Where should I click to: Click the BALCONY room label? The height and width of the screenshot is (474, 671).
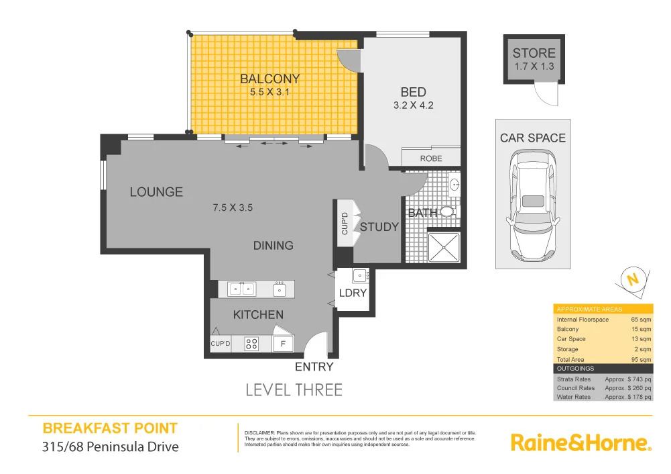[x=269, y=79]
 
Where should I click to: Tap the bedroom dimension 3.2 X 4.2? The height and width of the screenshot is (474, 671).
[x=414, y=105]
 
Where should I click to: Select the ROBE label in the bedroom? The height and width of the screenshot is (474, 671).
[x=431, y=158]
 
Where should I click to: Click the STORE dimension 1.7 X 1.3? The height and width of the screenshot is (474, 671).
[x=534, y=66]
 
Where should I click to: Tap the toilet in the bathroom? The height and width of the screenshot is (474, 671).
[x=446, y=211]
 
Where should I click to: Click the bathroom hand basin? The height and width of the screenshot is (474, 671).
[x=454, y=183]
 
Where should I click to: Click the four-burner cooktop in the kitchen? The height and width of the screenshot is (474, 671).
[x=252, y=344]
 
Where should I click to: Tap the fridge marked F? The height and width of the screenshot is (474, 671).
[x=283, y=344]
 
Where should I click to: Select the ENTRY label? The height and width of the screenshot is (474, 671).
[x=314, y=367]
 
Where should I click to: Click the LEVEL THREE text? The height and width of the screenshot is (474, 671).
[x=294, y=389]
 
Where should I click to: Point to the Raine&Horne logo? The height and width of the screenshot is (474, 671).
[x=581, y=442]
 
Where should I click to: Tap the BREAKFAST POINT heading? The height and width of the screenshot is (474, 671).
[x=110, y=428]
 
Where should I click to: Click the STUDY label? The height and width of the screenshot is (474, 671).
[x=379, y=227]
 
